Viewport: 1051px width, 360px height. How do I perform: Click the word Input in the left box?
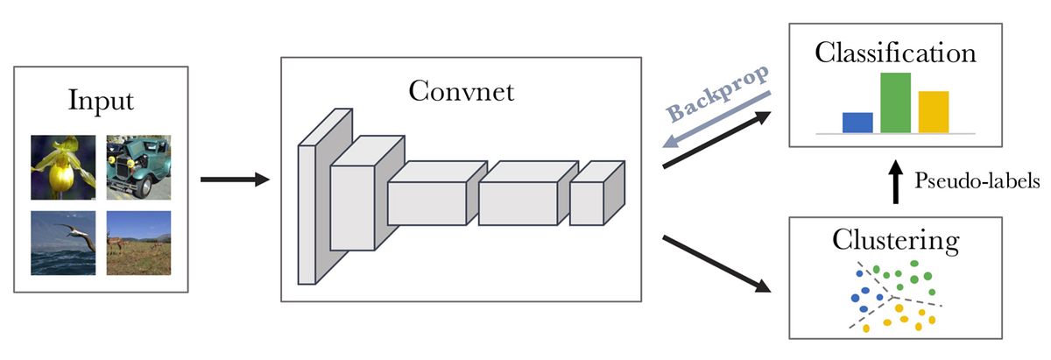(101, 100)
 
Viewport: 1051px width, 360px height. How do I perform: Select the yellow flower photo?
(62, 166)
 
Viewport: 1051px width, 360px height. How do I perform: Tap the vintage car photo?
(138, 166)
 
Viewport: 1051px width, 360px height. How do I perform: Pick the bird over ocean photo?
(62, 244)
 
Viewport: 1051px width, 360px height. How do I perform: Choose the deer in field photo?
(138, 244)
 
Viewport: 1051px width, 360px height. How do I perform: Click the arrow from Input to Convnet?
(235, 180)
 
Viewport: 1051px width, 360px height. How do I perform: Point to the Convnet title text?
(460, 90)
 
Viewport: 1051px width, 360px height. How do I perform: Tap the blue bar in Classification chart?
(857, 123)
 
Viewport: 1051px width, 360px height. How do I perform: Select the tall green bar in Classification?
(895, 102)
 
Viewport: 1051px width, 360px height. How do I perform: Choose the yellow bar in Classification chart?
(934, 112)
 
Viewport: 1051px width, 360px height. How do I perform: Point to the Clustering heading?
(895, 238)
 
